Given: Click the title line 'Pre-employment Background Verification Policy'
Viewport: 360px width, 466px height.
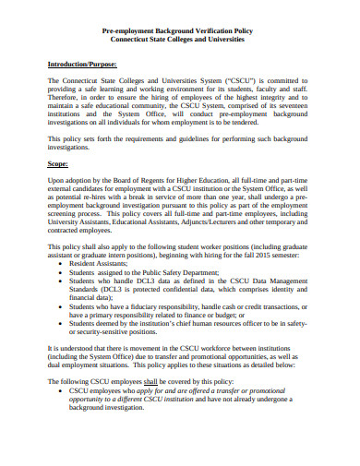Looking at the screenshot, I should tap(180, 31).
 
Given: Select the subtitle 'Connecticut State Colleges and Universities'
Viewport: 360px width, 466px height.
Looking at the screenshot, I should tap(180, 42).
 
